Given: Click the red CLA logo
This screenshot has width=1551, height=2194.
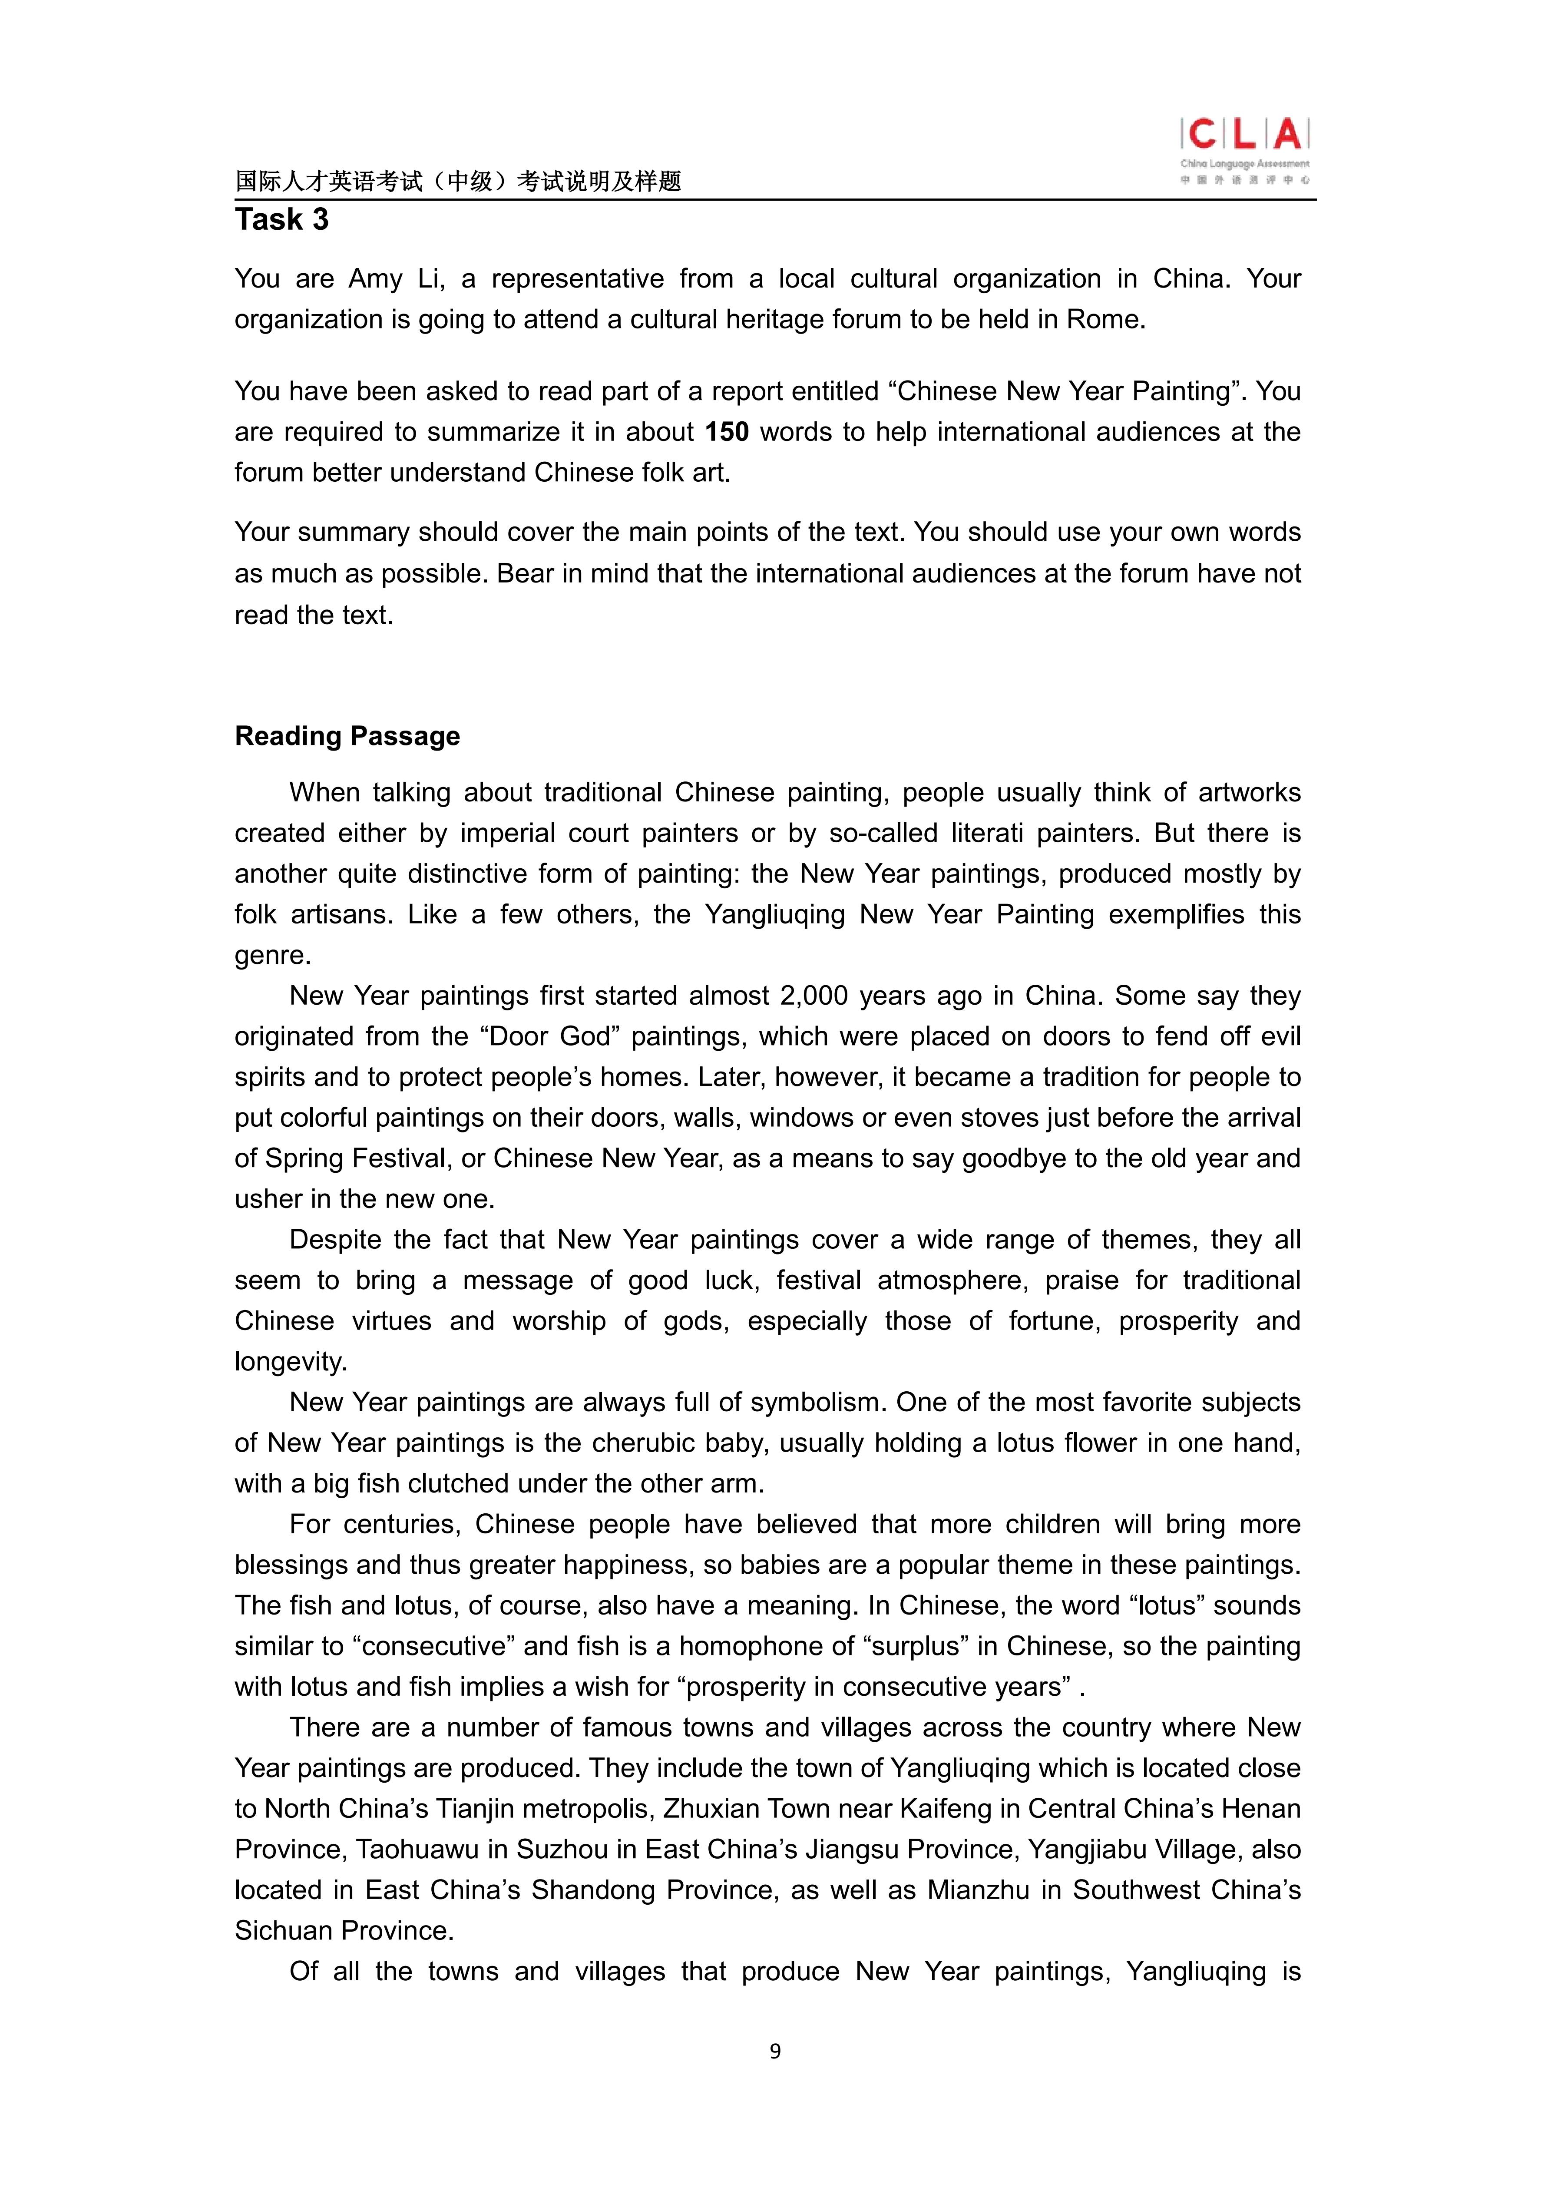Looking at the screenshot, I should click(1244, 136).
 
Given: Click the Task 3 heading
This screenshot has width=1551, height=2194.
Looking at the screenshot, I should click(282, 220).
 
